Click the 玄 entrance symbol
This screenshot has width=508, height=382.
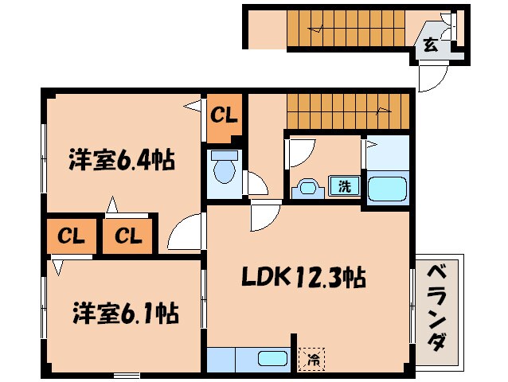coord(430,45)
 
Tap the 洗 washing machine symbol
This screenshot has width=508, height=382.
coord(345,187)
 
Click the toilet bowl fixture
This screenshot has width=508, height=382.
coord(223,170)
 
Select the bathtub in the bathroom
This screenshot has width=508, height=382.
coord(388,189)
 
